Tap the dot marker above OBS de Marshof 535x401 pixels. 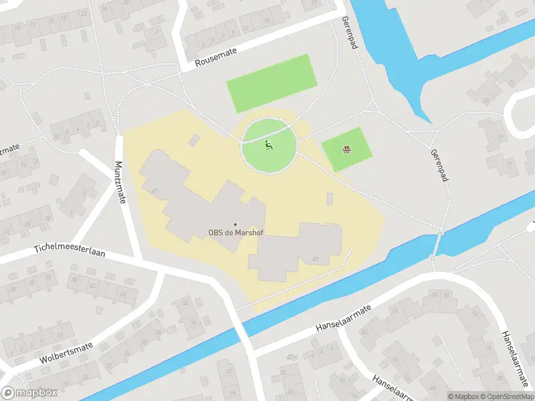point(234,224)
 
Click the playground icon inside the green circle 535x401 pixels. point(268,145)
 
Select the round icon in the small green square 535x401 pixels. point(346,149)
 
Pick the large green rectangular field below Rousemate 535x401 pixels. point(271,83)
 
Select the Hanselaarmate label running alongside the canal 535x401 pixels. point(342,320)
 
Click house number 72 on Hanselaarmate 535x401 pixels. point(475,314)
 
